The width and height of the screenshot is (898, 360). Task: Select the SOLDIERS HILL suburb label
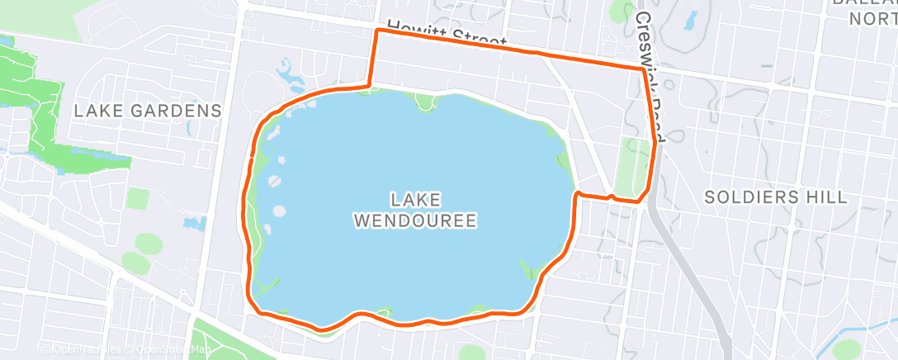(776, 197)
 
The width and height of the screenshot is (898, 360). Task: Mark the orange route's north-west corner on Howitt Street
(377, 31)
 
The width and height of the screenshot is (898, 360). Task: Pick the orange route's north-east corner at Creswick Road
(645, 70)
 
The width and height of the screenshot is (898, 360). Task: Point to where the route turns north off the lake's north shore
(368, 85)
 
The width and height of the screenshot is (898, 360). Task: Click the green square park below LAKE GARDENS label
(139, 198)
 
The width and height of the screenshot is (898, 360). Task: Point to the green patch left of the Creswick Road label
(618, 12)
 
